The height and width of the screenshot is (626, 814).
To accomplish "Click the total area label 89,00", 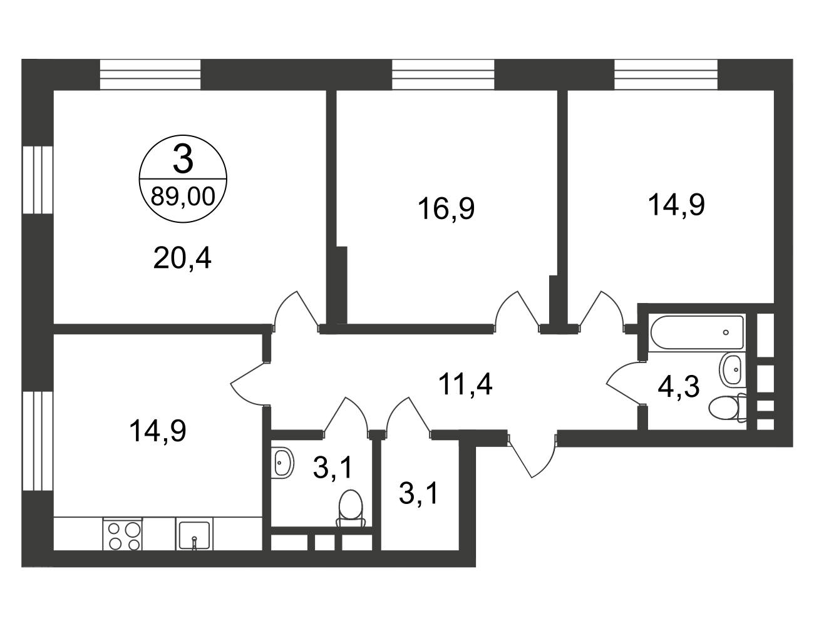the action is point(183,197).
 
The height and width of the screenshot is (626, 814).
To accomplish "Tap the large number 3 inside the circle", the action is point(183,160).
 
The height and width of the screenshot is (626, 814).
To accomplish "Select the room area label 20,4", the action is point(182,259).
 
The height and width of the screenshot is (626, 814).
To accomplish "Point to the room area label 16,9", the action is point(446,208).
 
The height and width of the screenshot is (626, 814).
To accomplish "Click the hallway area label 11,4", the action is point(465,384).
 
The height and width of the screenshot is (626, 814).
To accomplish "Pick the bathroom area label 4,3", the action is point(678,387).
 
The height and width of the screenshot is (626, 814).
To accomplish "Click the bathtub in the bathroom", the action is point(697,332).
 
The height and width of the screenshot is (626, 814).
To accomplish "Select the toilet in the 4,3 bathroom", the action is point(727,408).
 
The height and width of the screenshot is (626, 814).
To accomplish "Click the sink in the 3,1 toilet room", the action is point(282,463).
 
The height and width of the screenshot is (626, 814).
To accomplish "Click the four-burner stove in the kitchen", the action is point(123,534).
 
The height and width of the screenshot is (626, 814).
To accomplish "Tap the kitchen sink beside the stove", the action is point(194,534).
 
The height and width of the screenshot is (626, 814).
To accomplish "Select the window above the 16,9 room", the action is point(443,74).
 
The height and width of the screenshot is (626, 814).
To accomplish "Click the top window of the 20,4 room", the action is point(150,74).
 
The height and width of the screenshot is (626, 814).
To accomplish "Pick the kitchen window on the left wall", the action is point(38,441).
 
